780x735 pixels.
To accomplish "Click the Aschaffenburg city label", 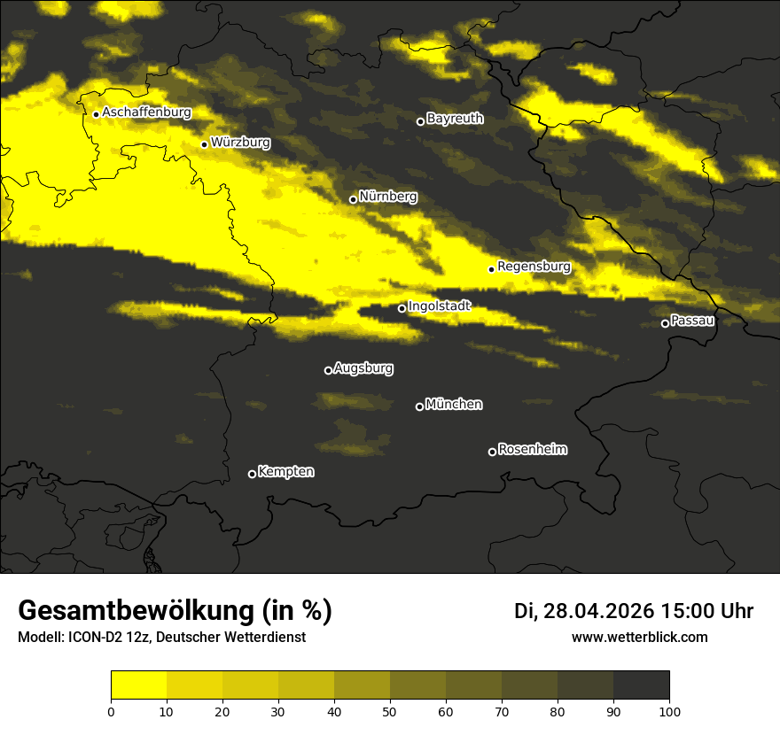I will point(146,112).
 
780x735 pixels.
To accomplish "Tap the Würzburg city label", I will point(240,142).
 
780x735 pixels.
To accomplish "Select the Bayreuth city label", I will point(455,118).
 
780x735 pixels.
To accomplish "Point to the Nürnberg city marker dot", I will point(353,199).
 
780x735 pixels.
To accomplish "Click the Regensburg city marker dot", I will point(491,269).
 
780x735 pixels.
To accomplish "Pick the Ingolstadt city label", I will point(440,306).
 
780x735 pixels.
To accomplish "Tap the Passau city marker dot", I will point(665,323).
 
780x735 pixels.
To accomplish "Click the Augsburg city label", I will point(363,367).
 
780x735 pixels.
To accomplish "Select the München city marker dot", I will point(419,406).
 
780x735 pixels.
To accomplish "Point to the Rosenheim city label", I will point(532,449).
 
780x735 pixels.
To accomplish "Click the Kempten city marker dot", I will point(252,474).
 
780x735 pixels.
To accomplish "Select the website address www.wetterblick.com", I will point(639,637).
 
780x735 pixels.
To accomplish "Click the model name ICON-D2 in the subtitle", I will point(96,638).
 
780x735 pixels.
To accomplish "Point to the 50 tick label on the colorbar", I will point(390,711).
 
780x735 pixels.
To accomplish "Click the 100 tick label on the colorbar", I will point(669,711).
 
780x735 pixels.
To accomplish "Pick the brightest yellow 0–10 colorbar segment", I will point(138,685).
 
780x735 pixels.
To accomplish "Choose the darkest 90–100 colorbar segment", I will point(641,685).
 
